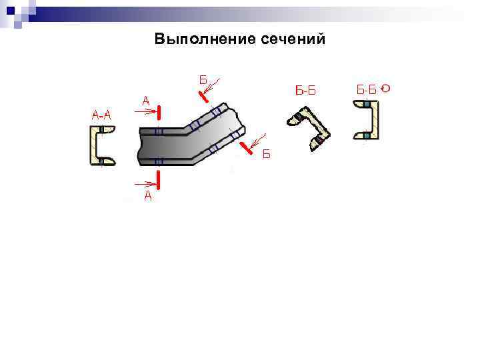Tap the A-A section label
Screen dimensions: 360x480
(x=101, y=115)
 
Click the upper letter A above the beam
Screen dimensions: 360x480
(x=146, y=101)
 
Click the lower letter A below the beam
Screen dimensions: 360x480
(x=148, y=196)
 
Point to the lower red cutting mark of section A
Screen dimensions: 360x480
(x=159, y=179)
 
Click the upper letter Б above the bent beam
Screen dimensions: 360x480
(x=203, y=80)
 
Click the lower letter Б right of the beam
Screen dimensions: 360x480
(x=265, y=155)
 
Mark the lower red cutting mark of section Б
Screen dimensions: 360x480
(x=247, y=147)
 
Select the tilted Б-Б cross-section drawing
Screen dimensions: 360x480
(x=309, y=129)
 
